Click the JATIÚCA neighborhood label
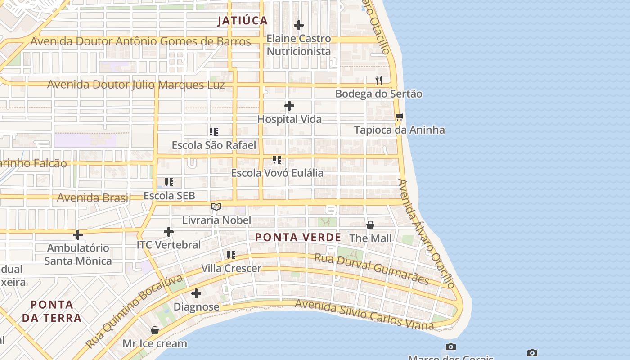pyautogui.click(x=243, y=21)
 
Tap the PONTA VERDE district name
pyautogui.click(x=298, y=237)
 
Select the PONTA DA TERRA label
pyautogui.click(x=52, y=311)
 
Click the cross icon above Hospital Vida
pyautogui.click(x=289, y=106)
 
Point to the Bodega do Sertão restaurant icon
pyautogui.click(x=379, y=81)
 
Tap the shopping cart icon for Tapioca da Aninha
pyautogui.click(x=399, y=117)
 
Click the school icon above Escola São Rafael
pyautogui.click(x=214, y=132)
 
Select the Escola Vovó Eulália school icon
pyautogui.click(x=277, y=160)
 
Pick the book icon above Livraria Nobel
pyautogui.click(x=216, y=207)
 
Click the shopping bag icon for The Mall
pyautogui.click(x=370, y=225)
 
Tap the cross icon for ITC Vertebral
pyautogui.click(x=169, y=232)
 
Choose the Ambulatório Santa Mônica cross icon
pyautogui.click(x=78, y=235)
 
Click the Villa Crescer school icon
pyautogui.click(x=231, y=255)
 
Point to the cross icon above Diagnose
pyautogui.click(x=196, y=294)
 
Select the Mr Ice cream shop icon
pyautogui.click(x=155, y=330)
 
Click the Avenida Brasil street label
pyautogui.click(x=94, y=198)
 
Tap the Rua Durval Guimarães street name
pyautogui.click(x=371, y=269)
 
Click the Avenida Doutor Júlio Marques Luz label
pyautogui.click(x=136, y=85)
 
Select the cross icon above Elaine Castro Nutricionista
pyautogui.click(x=299, y=25)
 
